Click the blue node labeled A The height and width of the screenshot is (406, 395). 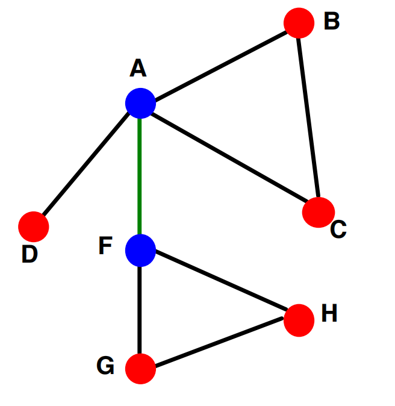[x=140, y=103]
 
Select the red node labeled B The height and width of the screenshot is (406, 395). [x=299, y=23]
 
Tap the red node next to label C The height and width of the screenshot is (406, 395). [x=319, y=212]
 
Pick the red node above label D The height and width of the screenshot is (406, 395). [x=33, y=226]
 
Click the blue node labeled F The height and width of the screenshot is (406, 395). [x=140, y=251]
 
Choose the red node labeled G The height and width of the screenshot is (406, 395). [x=140, y=369]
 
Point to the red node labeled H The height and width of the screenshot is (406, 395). [x=299, y=320]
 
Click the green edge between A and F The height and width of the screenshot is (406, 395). [x=140, y=176]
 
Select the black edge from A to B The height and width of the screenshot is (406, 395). [x=220, y=66]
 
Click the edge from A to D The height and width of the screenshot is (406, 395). [x=86, y=164]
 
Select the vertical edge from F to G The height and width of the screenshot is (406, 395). [x=140, y=310]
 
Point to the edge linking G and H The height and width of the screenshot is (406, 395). [x=219, y=342]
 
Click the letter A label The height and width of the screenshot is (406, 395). [x=138, y=68]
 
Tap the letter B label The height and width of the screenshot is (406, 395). [x=332, y=20]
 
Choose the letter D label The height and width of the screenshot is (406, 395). [x=30, y=254]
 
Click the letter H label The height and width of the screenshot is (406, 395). [x=329, y=313]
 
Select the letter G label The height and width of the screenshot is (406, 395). [x=105, y=366]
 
